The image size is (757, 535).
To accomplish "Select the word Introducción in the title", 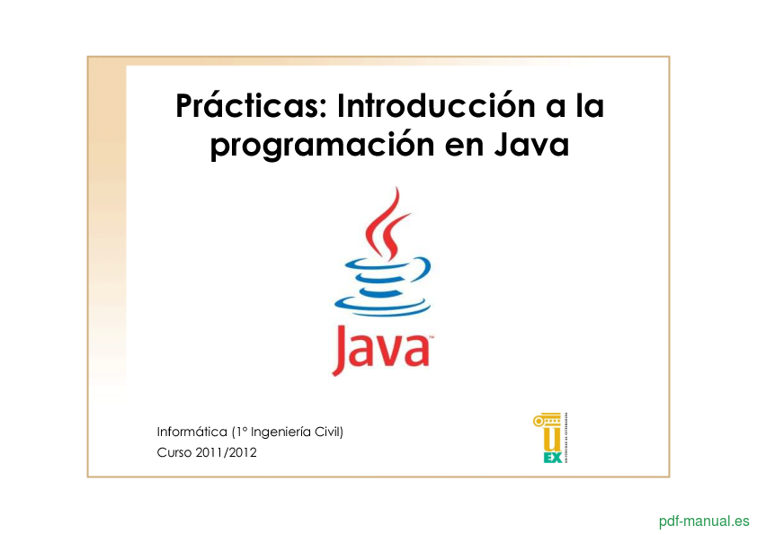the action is [436, 105].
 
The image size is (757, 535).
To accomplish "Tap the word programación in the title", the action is [323, 146].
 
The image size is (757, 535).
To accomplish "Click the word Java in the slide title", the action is [531, 145].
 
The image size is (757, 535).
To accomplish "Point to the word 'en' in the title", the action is [465, 147].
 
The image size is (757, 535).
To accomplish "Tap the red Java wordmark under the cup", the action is [380, 350].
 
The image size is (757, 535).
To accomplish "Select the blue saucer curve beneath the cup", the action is [382, 307].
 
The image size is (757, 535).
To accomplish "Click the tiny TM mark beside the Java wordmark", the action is [432, 337].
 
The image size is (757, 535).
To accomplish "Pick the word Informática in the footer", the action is [192, 432].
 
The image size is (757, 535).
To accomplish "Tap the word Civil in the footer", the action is [329, 432].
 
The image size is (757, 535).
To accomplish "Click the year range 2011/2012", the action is [226, 452].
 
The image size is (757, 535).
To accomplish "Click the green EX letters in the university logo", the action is [553, 458].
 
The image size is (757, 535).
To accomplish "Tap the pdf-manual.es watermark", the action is [704, 521].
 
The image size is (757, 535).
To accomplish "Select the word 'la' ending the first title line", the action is [590, 105].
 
